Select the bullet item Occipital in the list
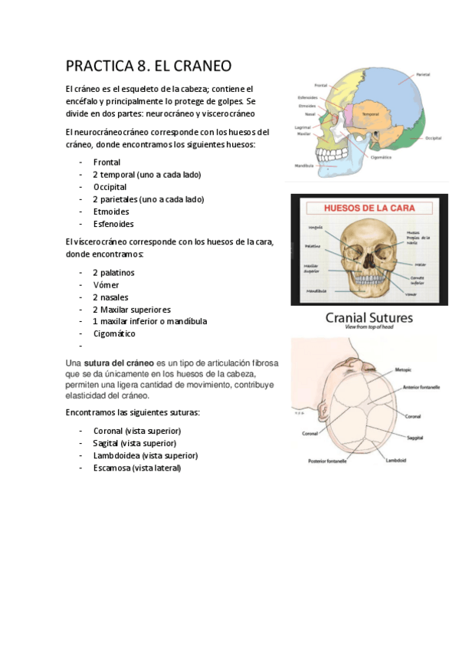(110, 187)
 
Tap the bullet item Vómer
(106, 285)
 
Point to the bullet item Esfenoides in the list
(113, 224)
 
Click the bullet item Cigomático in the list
(114, 334)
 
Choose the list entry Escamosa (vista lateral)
(137, 468)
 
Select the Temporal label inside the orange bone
(371, 114)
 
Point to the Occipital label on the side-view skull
(433, 139)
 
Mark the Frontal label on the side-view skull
(320, 85)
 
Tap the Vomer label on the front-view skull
(411, 293)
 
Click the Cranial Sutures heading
(369, 317)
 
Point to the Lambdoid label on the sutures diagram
(395, 460)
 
